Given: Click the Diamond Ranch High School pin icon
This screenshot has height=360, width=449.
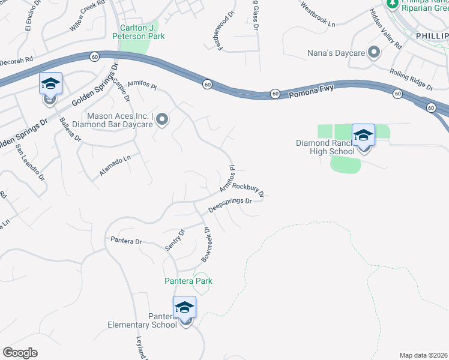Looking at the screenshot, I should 363,136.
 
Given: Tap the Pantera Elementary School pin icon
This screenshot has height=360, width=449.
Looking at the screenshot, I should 184,308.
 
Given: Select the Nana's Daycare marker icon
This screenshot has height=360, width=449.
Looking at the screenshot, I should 375,52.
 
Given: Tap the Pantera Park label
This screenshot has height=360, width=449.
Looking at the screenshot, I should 188,281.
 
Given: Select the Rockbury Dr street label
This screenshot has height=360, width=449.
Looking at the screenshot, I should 249,190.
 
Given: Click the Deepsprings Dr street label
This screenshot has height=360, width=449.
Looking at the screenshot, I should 230,205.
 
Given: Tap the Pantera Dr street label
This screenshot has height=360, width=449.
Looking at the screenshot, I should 126,241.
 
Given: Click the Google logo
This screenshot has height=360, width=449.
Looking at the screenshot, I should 20,353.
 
